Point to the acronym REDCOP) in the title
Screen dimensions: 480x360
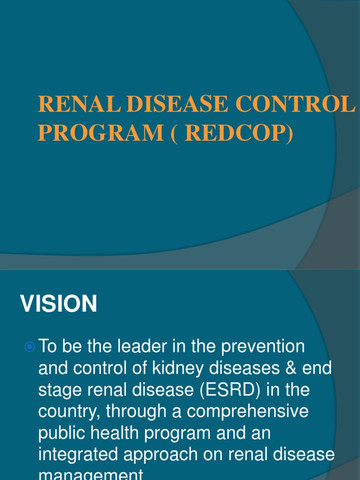click(x=239, y=133)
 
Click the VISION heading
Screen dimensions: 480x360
click(x=59, y=304)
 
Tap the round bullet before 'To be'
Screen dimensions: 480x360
click(x=30, y=347)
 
